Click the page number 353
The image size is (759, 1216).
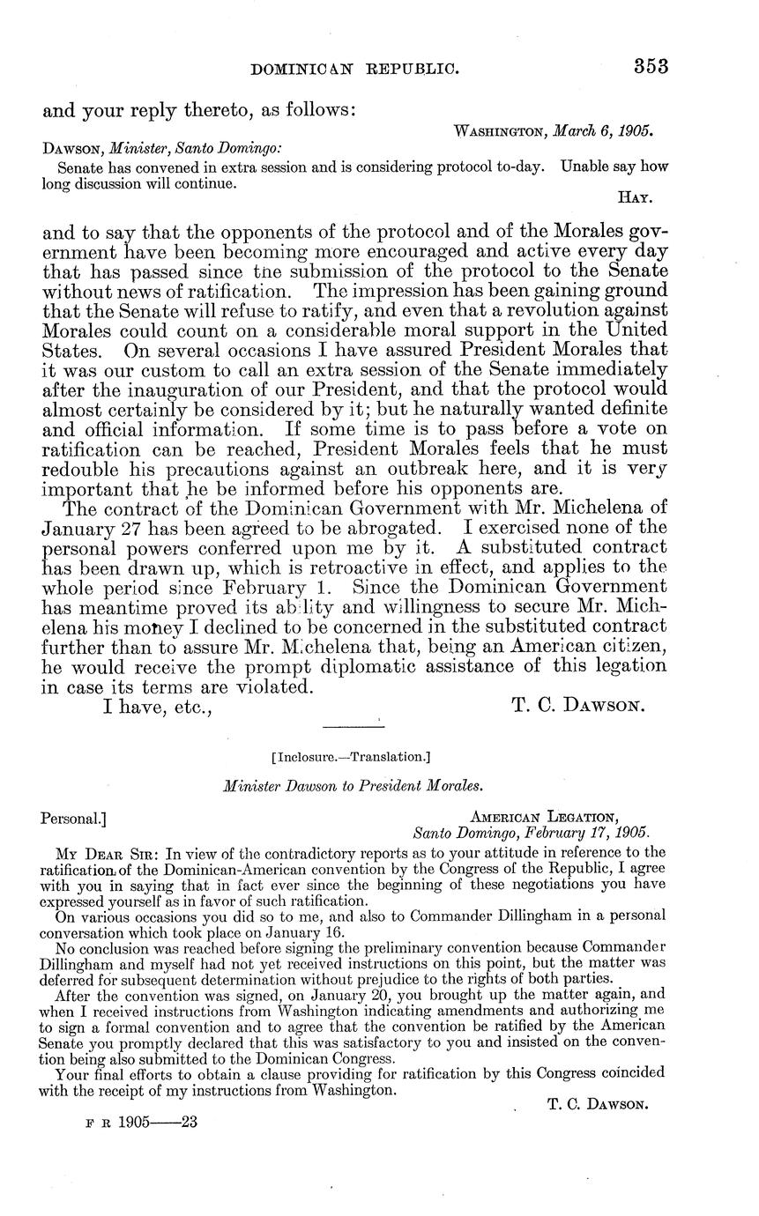click(650, 67)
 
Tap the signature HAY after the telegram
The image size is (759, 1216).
click(636, 199)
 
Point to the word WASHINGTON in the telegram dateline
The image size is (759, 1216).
click(502, 131)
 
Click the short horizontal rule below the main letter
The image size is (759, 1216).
click(350, 726)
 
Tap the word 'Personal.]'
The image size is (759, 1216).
click(74, 819)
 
